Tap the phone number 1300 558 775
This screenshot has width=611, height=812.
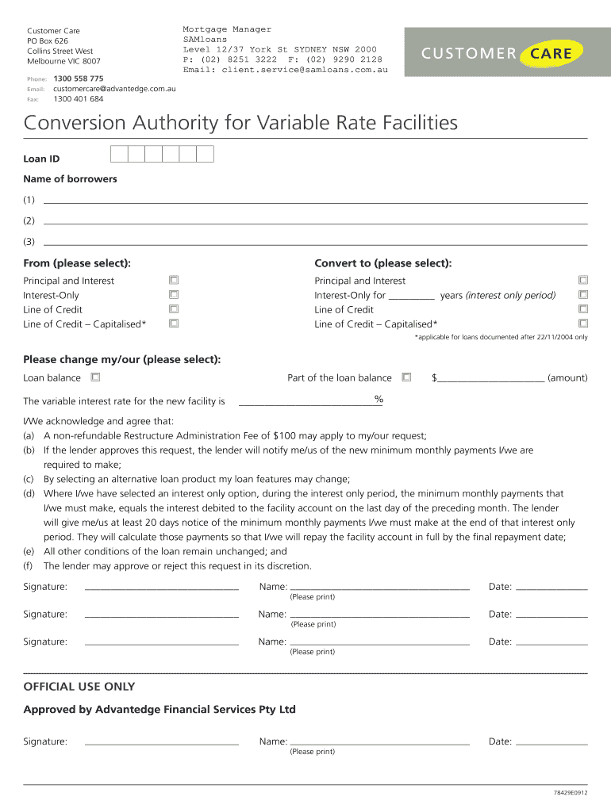pyautogui.click(x=79, y=79)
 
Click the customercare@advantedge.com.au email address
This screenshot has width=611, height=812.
pyautogui.click(x=114, y=89)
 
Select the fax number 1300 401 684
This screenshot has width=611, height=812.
pyautogui.click(x=79, y=99)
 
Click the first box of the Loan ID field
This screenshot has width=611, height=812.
pyautogui.click(x=119, y=154)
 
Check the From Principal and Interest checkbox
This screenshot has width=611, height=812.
pyautogui.click(x=174, y=280)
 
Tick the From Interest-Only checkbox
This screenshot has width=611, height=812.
pyautogui.click(x=174, y=295)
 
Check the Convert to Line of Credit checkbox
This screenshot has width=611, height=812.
pyautogui.click(x=583, y=309)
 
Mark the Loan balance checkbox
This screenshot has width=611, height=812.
pyautogui.click(x=95, y=377)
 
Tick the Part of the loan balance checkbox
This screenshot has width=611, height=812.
pyautogui.click(x=406, y=377)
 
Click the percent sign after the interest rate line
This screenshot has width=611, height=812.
pyautogui.click(x=379, y=399)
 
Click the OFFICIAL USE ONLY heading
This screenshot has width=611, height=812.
pyautogui.click(x=79, y=687)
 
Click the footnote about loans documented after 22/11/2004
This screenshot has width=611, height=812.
pyautogui.click(x=501, y=337)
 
